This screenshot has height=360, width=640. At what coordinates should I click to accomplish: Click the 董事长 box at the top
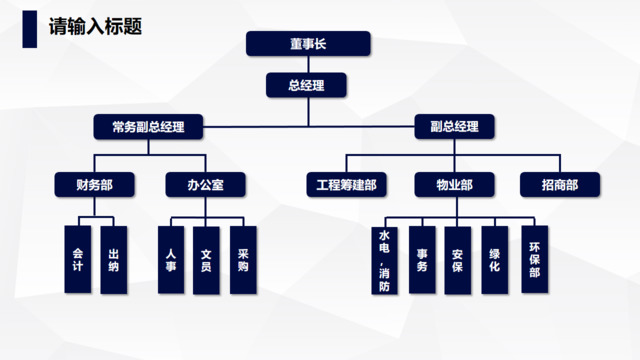point(307,44)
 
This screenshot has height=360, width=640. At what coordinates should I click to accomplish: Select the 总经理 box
point(307,85)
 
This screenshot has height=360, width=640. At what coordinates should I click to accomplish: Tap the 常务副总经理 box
point(148,127)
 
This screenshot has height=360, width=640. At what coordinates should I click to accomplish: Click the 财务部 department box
point(95,185)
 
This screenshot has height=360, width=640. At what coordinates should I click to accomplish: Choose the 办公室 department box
point(204,185)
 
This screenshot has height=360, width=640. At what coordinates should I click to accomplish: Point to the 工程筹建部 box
point(346,185)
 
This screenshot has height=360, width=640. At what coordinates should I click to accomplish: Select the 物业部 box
point(454,185)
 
